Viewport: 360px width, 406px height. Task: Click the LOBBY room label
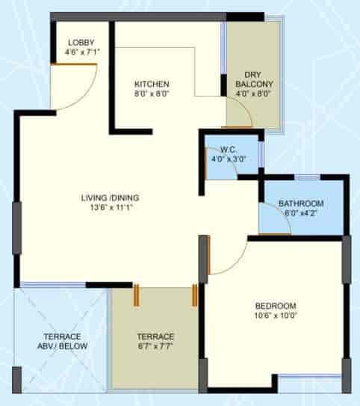(x=80, y=43)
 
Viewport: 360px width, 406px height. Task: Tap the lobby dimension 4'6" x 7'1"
(x=81, y=53)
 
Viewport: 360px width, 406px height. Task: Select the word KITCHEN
(x=152, y=84)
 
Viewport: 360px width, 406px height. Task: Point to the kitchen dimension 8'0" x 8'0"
(x=152, y=94)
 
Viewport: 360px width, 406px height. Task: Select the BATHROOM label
(x=301, y=203)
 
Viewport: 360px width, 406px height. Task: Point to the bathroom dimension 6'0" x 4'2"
(x=301, y=214)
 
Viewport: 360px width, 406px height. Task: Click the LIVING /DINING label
(x=111, y=198)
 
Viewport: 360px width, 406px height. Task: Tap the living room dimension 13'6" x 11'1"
(x=111, y=209)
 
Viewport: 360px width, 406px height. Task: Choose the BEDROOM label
(x=276, y=306)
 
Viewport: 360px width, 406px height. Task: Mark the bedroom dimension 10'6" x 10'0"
(x=276, y=316)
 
